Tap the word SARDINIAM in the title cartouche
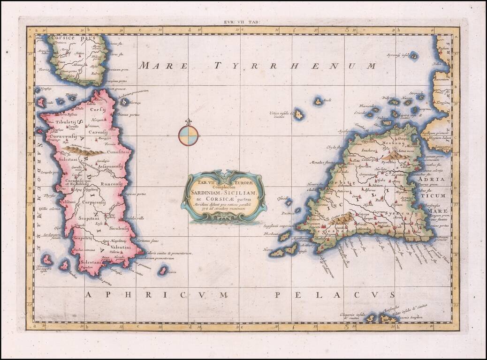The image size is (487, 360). (210, 192)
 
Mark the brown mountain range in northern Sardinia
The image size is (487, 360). (84, 150)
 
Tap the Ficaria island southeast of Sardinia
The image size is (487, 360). (163, 270)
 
